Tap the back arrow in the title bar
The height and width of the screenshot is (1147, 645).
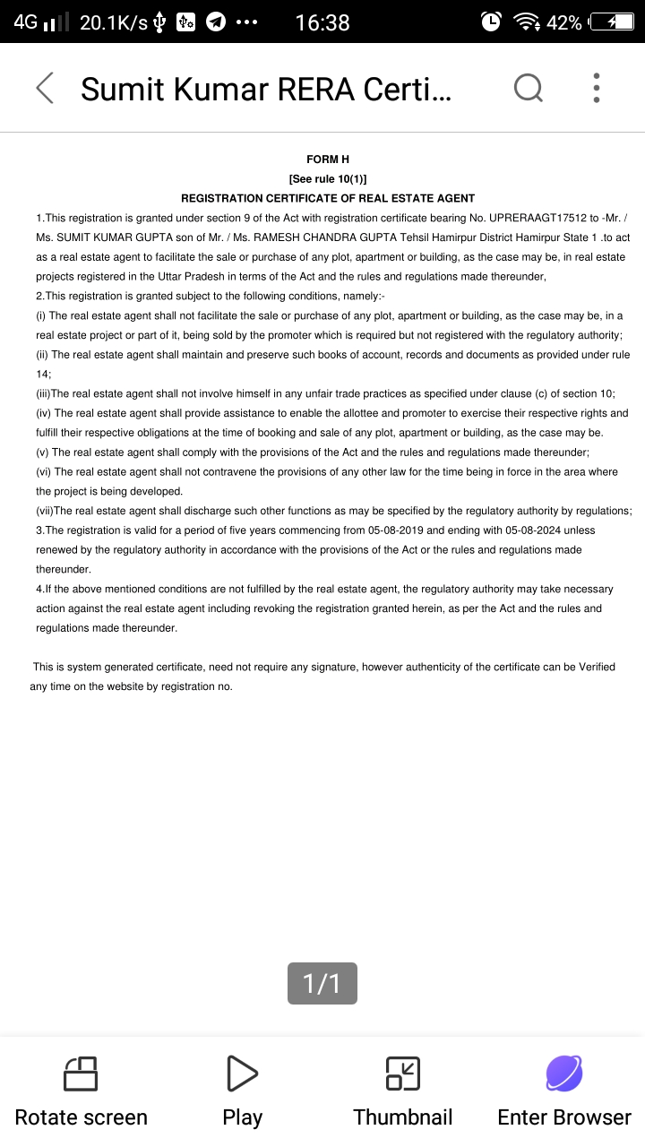pyautogui.click(x=45, y=88)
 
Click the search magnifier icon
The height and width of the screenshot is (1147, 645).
pyautogui.click(x=528, y=88)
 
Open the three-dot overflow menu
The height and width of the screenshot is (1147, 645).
pyautogui.click(x=597, y=88)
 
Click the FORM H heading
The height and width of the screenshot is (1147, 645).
pyautogui.click(x=328, y=160)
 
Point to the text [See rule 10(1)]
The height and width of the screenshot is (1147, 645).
pyautogui.click(x=328, y=179)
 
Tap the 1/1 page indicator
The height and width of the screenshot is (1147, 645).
pyautogui.click(x=322, y=984)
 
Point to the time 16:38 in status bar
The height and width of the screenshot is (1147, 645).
pyautogui.click(x=322, y=22)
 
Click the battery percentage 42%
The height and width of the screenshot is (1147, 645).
pyautogui.click(x=563, y=22)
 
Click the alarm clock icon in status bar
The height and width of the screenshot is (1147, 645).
pyautogui.click(x=491, y=22)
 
